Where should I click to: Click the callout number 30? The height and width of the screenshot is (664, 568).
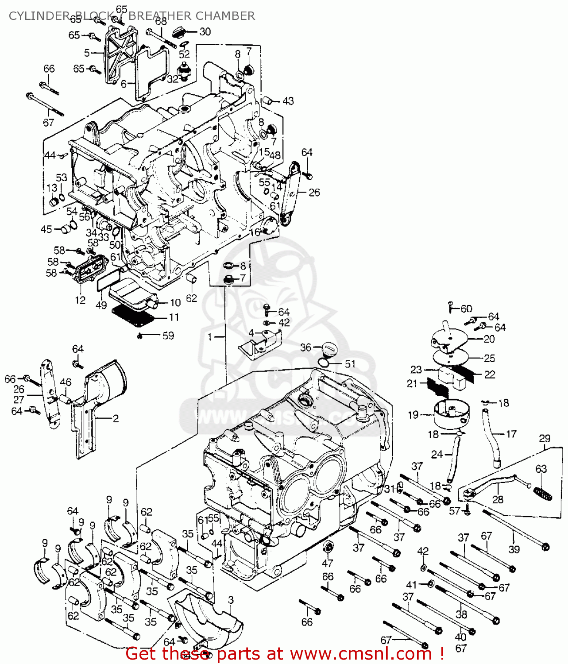205,32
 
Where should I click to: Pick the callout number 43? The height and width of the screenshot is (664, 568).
288,101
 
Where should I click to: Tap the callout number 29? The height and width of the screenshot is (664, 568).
545,438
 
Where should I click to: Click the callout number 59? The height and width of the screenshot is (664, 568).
168,336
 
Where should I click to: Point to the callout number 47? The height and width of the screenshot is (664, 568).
327,563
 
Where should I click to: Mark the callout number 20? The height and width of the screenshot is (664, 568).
489,339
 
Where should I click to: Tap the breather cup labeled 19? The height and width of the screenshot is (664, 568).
450,414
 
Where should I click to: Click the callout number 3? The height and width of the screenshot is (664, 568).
231,600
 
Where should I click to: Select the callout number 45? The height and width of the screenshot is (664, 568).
46,229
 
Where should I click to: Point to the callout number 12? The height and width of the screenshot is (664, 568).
80,300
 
